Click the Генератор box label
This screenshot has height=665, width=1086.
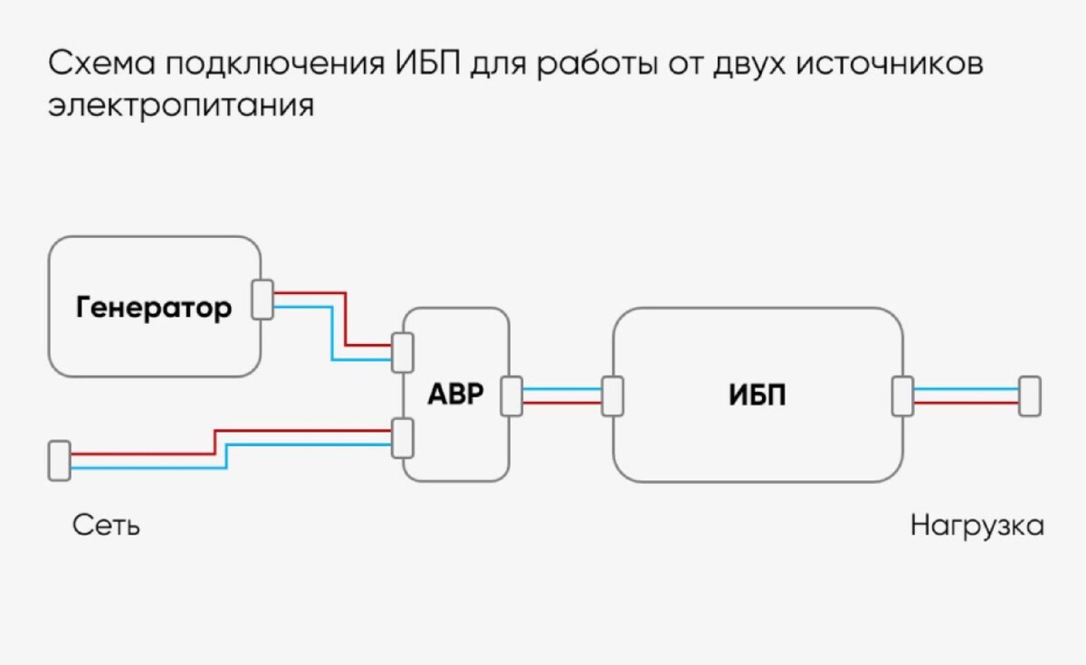pos(153,309)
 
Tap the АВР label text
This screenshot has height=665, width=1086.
pos(456,396)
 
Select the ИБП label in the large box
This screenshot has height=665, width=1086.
pos(757,396)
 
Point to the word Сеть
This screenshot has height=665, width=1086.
pos(106,526)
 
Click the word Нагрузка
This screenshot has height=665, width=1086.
pos(976,526)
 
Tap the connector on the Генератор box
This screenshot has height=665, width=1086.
pos(262,299)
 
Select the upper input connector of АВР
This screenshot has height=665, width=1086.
pos(403,352)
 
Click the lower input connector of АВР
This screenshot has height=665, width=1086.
pos(403,437)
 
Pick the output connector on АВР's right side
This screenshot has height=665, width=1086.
pos(512,396)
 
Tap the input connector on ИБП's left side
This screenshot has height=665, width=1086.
pos(613,396)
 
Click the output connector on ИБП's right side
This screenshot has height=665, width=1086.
pos(902,396)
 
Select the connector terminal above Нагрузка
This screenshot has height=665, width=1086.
pos(1029,396)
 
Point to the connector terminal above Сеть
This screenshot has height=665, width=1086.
pos(59,460)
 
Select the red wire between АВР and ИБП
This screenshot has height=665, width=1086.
pos(561,403)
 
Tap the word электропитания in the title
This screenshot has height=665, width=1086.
pos(181,106)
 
